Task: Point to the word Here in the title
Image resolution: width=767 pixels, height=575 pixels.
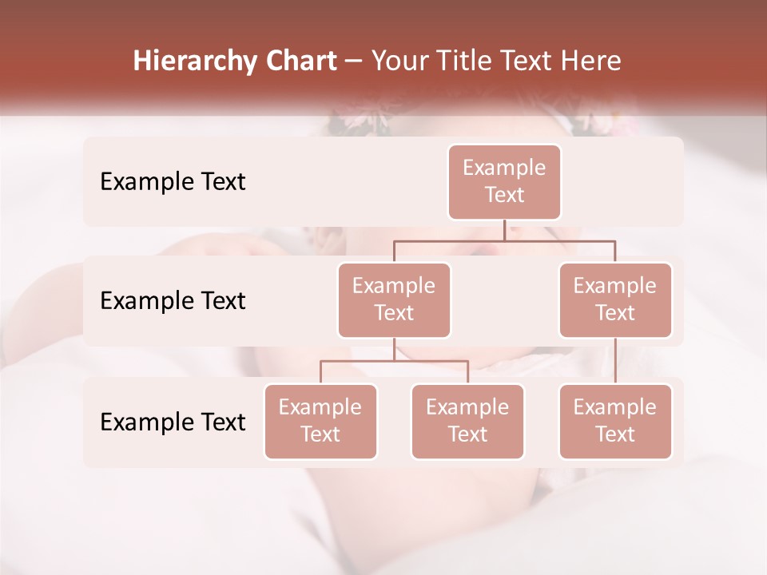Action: pyautogui.click(x=590, y=61)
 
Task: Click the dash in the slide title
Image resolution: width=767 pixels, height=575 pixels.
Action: pyautogui.click(x=354, y=62)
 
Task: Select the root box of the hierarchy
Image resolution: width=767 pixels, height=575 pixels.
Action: pyautogui.click(x=504, y=182)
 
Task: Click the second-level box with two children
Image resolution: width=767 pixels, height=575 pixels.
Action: pyautogui.click(x=394, y=300)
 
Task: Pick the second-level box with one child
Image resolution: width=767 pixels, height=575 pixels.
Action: pyautogui.click(x=615, y=300)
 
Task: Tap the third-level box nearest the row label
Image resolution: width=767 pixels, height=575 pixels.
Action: pyautogui.click(x=320, y=422)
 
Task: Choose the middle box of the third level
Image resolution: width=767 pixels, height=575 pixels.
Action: pyautogui.click(x=467, y=422)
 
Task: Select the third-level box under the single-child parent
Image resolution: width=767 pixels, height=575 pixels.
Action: pyautogui.click(x=615, y=422)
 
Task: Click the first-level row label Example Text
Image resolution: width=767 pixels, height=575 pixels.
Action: pyautogui.click(x=173, y=182)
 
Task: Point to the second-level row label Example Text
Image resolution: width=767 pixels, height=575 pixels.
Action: pyautogui.click(x=173, y=301)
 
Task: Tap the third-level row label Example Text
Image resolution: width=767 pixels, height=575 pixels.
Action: pyautogui.click(x=173, y=422)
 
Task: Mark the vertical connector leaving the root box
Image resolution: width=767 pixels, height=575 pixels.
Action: pyautogui.click(x=504, y=230)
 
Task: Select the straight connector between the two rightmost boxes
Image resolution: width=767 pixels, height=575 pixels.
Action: pyautogui.click(x=615, y=361)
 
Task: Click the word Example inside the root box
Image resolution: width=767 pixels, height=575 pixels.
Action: pyautogui.click(x=504, y=169)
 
